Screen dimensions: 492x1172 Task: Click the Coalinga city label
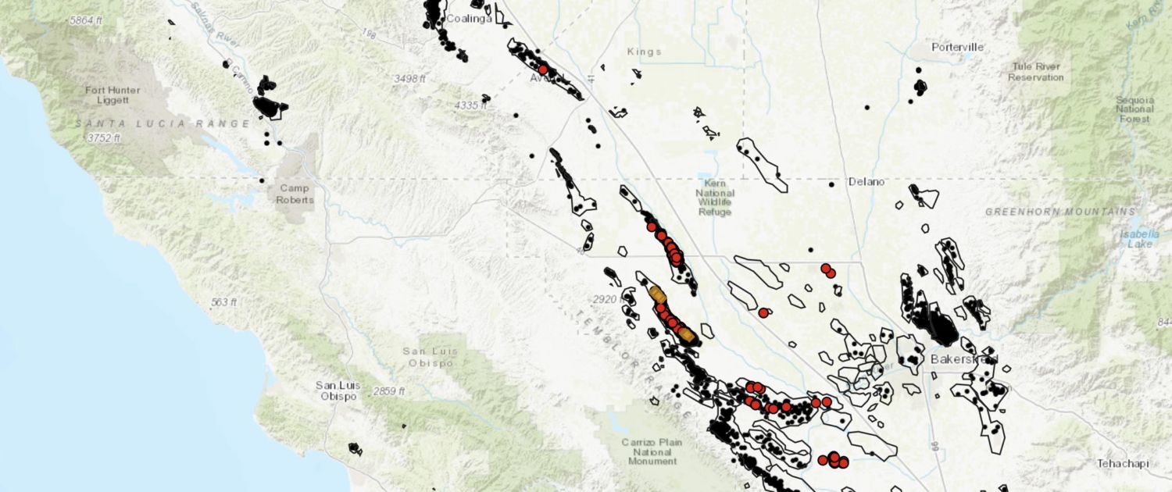point(470,19)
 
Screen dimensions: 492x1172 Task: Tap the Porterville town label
point(957,48)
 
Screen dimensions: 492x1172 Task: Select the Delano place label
point(867,182)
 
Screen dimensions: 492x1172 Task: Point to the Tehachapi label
point(1123,463)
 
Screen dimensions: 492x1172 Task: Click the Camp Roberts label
point(295,194)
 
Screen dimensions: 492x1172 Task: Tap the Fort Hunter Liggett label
point(113,96)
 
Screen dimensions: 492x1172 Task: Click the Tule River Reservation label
point(1035,72)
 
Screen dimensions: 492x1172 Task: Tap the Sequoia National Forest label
point(1134,109)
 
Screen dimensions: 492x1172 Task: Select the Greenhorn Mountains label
point(1060,212)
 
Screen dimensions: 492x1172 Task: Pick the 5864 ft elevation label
point(86,20)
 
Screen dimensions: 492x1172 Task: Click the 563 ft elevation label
point(223,301)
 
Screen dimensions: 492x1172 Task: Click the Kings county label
point(644,52)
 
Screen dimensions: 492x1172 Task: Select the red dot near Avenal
point(543,70)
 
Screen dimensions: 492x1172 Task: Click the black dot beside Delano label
point(832,184)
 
